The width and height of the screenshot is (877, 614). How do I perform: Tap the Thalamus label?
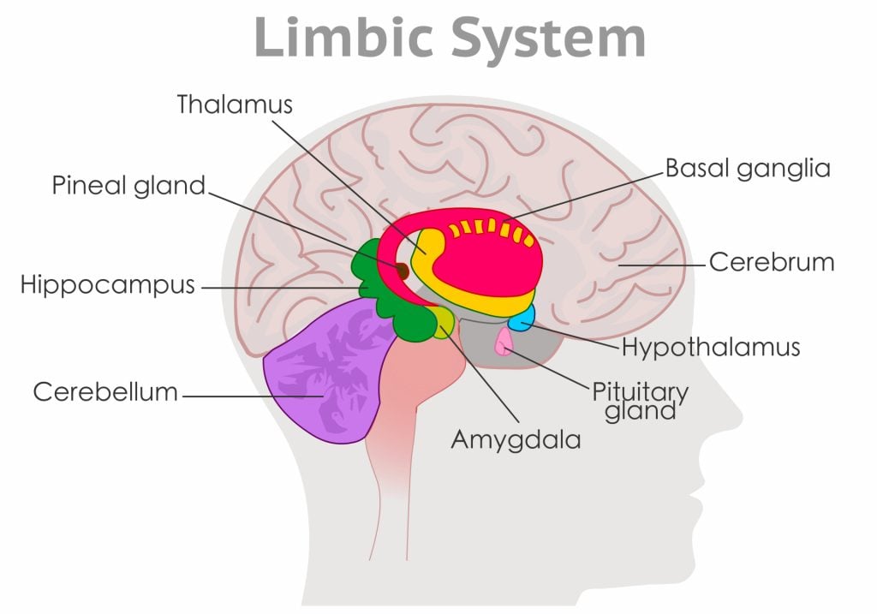235,104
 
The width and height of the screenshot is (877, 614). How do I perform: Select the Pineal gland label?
128,185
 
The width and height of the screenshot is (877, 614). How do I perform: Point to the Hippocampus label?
108,285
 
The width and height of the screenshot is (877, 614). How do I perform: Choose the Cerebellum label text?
105,392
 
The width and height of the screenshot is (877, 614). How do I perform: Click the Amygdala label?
516,439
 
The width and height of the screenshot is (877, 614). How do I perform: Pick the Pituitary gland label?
640,401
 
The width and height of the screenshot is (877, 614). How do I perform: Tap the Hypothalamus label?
710,347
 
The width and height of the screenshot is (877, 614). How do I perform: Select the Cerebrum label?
771,262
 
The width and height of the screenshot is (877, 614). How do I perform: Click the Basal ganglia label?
748,168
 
